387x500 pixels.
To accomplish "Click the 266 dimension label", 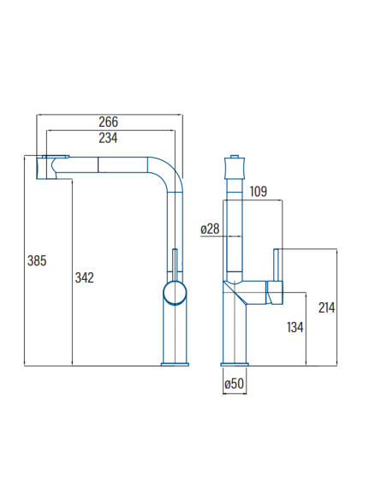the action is click(108, 122).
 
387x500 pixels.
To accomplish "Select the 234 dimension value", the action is click(108, 138).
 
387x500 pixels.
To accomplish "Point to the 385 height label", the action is click(37, 260).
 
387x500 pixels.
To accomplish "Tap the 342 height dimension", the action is click(84, 277).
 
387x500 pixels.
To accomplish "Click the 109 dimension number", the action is click(259, 191).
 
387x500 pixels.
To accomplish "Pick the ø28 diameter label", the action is click(210, 229).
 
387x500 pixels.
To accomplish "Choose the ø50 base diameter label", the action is click(235, 384).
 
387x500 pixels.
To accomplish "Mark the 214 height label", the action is click(326, 307).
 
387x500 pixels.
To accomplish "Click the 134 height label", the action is click(295, 327).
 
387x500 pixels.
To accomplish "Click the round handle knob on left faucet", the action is click(175, 293).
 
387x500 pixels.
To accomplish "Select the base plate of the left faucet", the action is click(175, 364).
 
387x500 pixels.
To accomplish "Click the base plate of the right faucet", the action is click(235, 364).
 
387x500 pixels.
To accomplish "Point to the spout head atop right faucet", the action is click(235, 168).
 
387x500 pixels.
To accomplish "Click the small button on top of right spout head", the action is click(235, 156).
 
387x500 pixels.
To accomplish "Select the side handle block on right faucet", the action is click(275, 293).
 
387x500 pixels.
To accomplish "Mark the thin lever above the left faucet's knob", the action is click(175, 265).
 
